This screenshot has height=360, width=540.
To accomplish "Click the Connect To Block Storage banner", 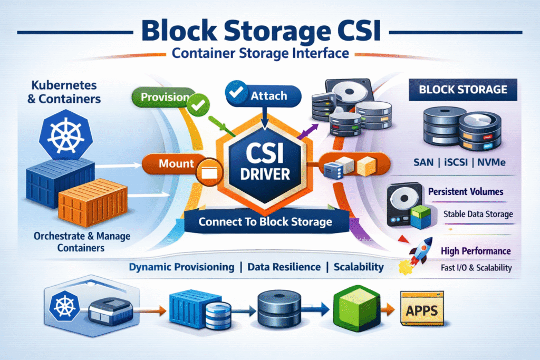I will pyautogui.click(x=265, y=221).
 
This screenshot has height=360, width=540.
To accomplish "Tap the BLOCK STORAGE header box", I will pyautogui.click(x=462, y=89).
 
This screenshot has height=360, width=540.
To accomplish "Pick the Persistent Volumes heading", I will pyautogui.click(x=466, y=192).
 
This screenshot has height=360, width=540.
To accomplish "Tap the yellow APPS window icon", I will pyautogui.click(x=421, y=310).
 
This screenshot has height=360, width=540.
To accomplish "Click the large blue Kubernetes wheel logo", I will pyautogui.click(x=62, y=134).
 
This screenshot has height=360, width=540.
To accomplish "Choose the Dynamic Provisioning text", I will pyautogui.click(x=182, y=267).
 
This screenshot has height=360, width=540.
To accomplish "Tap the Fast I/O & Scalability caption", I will pyautogui.click(x=476, y=268).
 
